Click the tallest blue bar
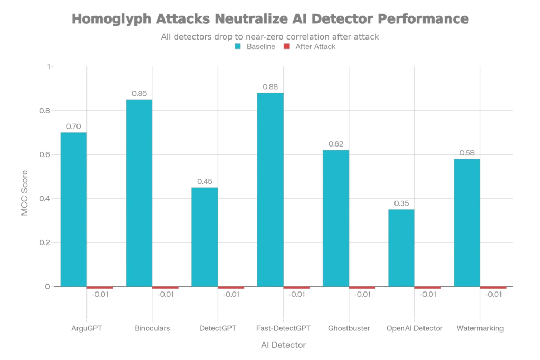pyautogui.click(x=269, y=190)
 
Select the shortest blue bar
pyautogui.click(x=401, y=248)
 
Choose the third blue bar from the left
pyautogui.click(x=204, y=237)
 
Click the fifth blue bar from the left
pyautogui.click(x=335, y=218)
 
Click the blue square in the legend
pyautogui.click(x=238, y=46)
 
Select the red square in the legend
pyautogui.click(x=286, y=46)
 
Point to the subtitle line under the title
pyautogui.click(x=270, y=35)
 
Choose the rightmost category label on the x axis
pyautogui.click(x=480, y=329)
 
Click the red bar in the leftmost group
pyautogui.click(x=100, y=288)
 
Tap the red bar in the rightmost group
pyautogui.click(x=494, y=288)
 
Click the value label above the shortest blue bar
pyautogui.click(x=401, y=203)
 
